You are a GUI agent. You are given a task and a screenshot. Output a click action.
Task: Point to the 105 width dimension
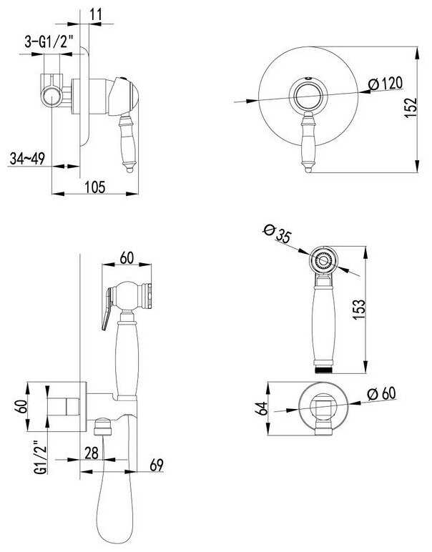94,187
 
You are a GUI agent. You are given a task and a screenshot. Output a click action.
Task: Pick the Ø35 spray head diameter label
278,235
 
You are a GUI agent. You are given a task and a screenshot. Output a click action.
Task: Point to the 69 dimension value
157,465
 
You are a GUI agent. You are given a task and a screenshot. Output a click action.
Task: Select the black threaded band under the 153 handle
324,369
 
